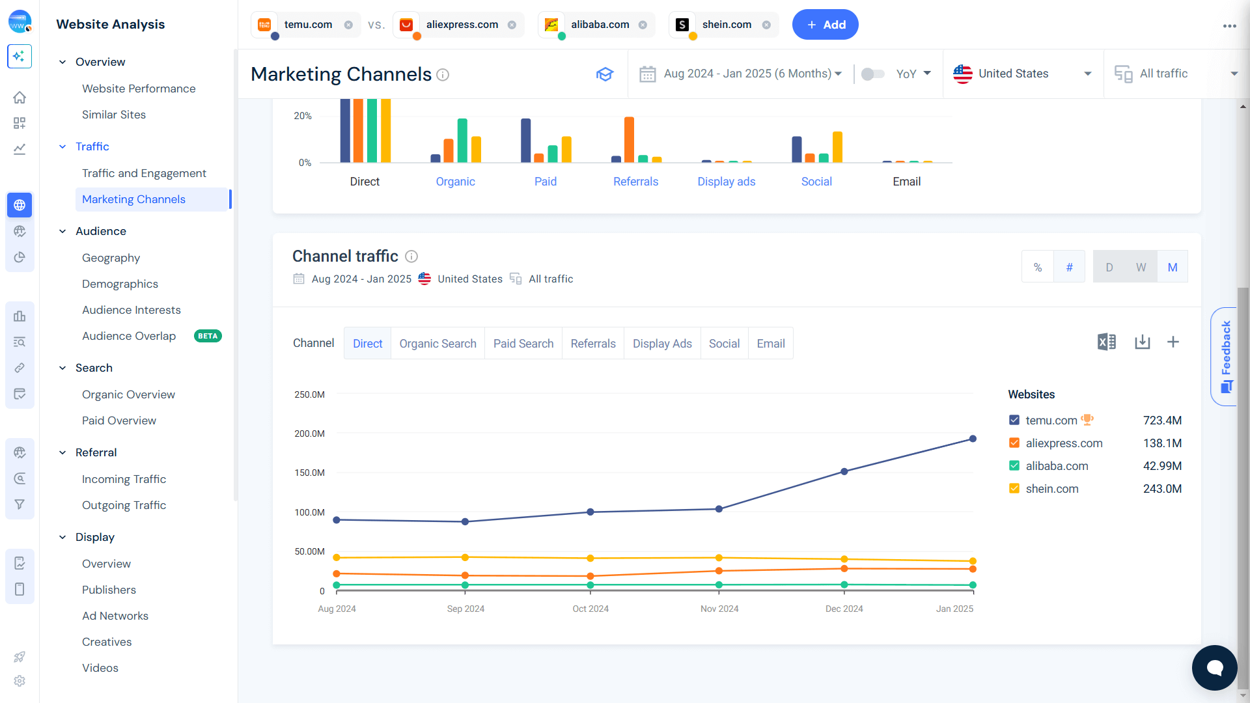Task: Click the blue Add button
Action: [825, 25]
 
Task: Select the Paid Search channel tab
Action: [523, 344]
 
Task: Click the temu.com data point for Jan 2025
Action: [973, 439]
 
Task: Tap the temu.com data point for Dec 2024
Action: [844, 471]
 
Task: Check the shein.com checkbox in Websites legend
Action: [1014, 489]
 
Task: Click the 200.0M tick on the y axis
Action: [309, 434]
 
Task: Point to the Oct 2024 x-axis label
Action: [590, 609]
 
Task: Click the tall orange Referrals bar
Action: [629, 139]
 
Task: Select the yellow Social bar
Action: [837, 146]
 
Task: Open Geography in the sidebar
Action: [111, 258]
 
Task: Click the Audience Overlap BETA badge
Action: [208, 337]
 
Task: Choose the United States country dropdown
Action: [1022, 74]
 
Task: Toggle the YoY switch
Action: [872, 74]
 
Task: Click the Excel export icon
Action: [1106, 342]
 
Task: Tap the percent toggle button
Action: [1038, 267]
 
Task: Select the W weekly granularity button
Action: [1141, 267]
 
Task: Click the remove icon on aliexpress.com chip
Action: [512, 25]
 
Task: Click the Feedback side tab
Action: [1225, 356]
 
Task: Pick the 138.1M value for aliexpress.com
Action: [1162, 443]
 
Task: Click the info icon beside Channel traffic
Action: [411, 256]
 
